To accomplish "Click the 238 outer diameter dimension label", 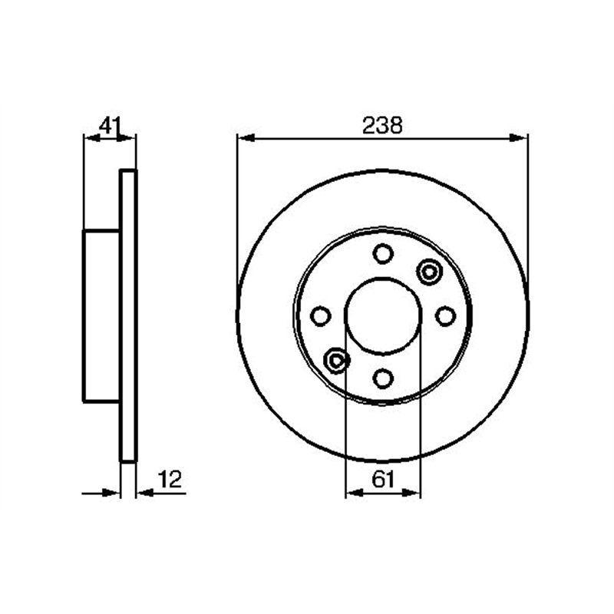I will coord(381,126).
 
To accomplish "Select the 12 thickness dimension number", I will coord(169,481).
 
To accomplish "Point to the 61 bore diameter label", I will coord(383,480).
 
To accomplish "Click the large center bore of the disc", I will coord(383,315).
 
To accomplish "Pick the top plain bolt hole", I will coord(383,253).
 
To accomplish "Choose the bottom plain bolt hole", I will coord(383,378).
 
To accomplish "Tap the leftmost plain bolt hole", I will coord(320,315).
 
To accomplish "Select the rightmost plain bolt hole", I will coord(445,315).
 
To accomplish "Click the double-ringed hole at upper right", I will coord(428,271).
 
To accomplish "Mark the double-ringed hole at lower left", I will coord(337,359).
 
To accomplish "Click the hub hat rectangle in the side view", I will coord(101,315).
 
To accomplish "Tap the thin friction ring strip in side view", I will coord(128,315).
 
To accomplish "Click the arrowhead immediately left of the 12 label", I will coord(143,493).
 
